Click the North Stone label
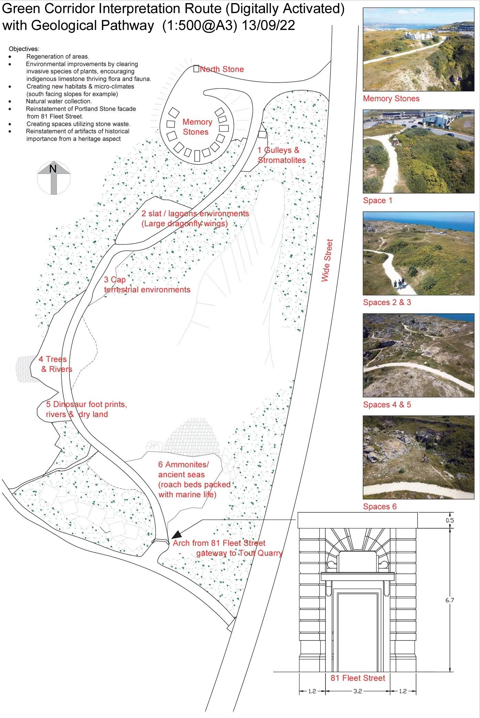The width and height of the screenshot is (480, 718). [222, 69]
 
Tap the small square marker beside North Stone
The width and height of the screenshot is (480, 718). [196, 69]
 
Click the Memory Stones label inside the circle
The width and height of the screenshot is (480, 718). [197, 127]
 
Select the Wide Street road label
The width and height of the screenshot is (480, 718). [327, 261]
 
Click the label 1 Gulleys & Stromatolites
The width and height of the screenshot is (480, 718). [281, 155]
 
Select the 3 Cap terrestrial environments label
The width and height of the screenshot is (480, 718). [147, 285]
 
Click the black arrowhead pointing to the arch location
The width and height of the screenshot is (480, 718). [177, 534]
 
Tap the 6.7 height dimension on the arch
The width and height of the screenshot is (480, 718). [449, 600]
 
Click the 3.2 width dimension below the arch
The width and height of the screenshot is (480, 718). [358, 691]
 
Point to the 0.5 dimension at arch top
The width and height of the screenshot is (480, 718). [449, 520]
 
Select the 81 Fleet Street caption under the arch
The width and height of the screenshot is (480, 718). [358, 678]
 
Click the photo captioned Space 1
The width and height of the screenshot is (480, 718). [418, 151]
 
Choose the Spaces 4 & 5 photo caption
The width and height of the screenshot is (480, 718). [387, 405]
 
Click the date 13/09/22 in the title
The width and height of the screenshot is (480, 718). [268, 25]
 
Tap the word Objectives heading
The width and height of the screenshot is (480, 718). [24, 49]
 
